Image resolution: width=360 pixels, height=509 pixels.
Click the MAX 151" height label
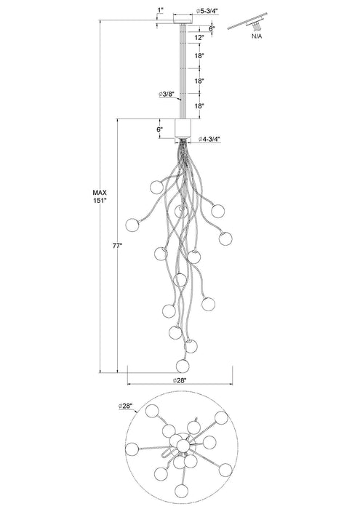(x=100, y=196)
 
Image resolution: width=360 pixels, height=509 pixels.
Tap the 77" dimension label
(x=117, y=246)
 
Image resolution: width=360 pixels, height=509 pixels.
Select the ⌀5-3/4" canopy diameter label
(x=207, y=11)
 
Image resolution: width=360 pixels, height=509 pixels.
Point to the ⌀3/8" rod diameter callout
(x=167, y=94)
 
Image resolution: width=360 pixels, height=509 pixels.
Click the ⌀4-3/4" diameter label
(x=209, y=140)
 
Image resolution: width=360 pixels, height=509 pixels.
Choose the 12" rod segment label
(x=199, y=37)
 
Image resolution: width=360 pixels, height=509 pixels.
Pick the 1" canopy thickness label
(x=160, y=10)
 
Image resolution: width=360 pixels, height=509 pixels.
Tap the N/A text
(x=257, y=36)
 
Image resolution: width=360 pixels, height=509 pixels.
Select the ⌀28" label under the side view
(x=180, y=381)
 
